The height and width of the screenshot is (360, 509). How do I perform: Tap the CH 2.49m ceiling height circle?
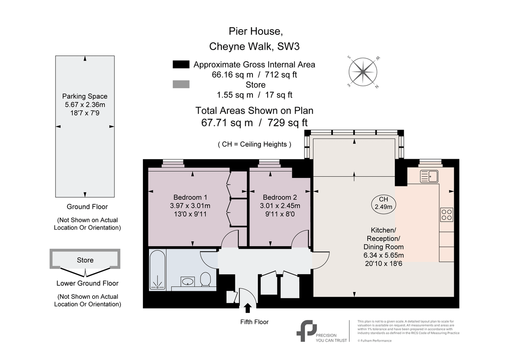coord(383,203)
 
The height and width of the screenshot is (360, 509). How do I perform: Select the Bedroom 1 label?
coord(190,197)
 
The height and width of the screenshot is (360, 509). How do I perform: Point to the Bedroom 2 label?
coord(280,197)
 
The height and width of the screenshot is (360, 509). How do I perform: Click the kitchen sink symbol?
coord(429,176)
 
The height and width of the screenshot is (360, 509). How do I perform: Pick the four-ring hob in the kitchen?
coord(447,214)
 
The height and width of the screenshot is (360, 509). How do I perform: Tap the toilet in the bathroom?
coord(205,280)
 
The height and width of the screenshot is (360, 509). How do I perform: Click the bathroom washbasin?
coord(187,281)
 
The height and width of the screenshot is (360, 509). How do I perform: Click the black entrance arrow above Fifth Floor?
coord(248,307)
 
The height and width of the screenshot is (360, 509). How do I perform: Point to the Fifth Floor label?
coord(255,322)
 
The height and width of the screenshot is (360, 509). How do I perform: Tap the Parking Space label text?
coord(85,96)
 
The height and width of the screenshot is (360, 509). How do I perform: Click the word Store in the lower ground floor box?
coord(85,260)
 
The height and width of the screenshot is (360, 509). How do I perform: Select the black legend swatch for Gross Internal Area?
coord(181,65)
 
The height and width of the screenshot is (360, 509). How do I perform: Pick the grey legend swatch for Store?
coord(181,85)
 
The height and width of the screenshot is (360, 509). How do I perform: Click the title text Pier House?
coord(255,31)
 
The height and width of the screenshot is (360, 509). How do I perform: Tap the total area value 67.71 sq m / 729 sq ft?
coord(255,123)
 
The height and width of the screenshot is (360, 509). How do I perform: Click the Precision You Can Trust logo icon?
coord(306,330)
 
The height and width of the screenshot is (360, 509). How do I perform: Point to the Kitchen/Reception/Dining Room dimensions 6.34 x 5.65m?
coord(383,255)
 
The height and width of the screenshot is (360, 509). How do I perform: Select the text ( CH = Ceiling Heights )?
coord(255,144)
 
